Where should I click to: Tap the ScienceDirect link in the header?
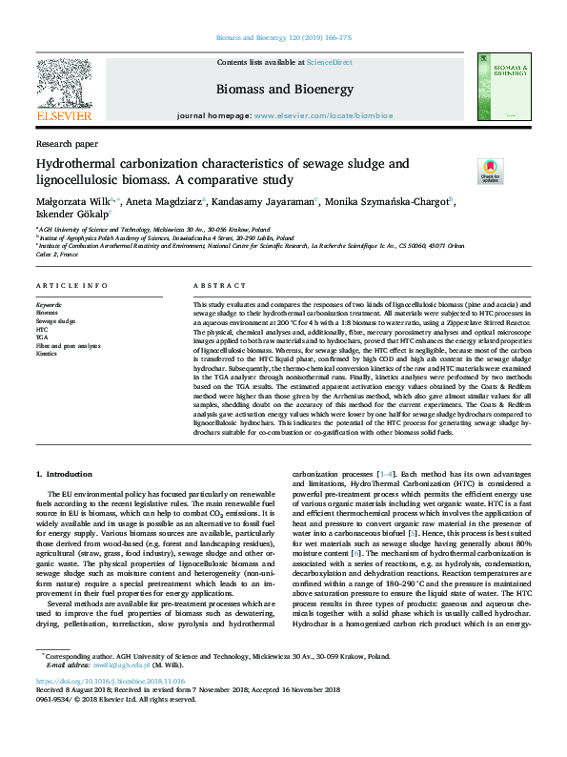(329, 62)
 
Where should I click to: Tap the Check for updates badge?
(491, 173)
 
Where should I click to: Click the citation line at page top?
(283, 38)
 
